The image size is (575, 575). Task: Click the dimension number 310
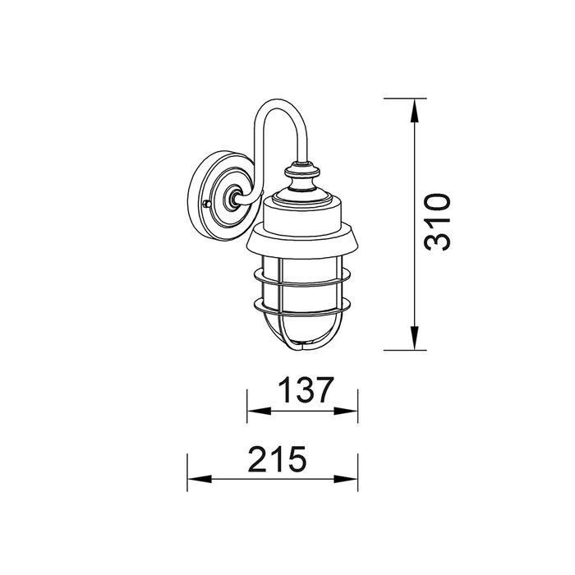(437, 223)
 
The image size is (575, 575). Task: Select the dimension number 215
(277, 458)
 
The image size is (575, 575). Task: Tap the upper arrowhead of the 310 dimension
(414, 111)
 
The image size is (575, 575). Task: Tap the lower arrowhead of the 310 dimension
(414, 338)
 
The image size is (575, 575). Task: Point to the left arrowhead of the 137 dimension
(260, 411)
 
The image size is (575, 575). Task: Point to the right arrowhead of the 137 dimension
(346, 411)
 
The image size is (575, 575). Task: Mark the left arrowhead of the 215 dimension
(200, 479)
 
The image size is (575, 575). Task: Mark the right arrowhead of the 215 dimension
(346, 479)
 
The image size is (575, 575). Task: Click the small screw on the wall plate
(207, 204)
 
